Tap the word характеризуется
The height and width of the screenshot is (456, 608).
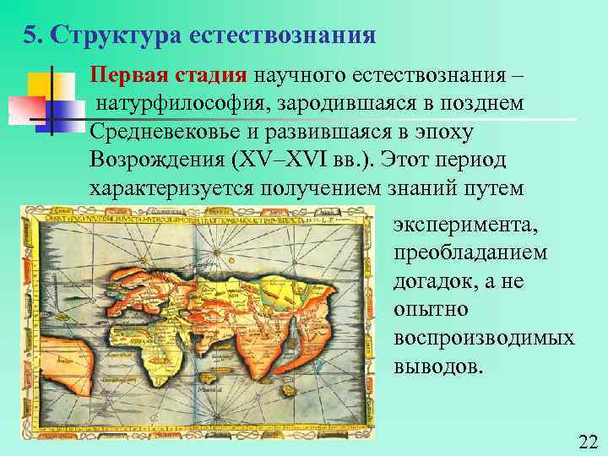coord(175,189)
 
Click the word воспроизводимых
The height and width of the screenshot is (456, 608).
coord(484,338)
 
